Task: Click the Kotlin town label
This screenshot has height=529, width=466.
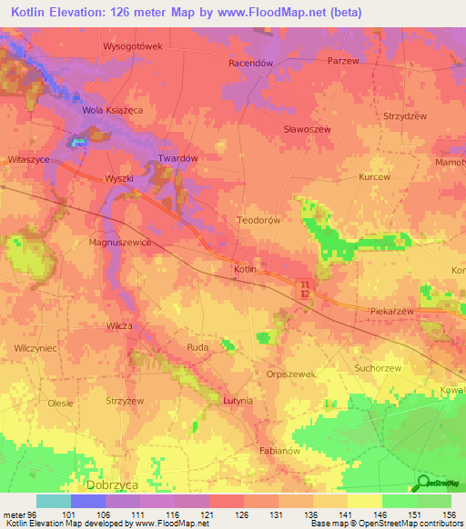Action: pos(245,270)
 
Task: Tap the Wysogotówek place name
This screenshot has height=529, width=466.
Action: pos(132,45)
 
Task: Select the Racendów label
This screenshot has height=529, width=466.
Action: pos(250,64)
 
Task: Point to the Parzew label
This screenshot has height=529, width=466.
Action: pos(342,60)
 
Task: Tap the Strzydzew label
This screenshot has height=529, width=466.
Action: pos(405,116)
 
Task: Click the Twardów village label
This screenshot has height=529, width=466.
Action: pos(178,158)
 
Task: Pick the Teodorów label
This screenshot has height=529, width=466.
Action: pos(258,220)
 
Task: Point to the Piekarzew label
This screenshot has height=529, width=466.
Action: pos(393,311)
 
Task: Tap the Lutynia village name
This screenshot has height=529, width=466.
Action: pos(238,400)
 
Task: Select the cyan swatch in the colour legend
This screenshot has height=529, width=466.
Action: pos(53,501)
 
